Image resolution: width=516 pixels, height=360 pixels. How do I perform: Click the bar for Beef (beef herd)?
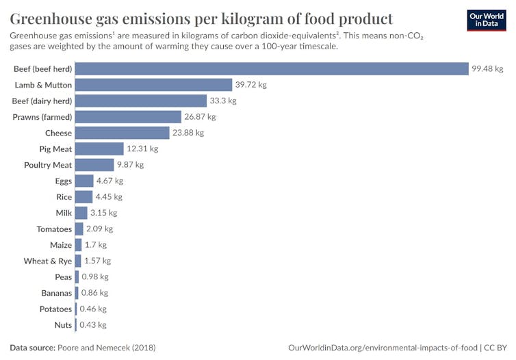(x=271, y=68)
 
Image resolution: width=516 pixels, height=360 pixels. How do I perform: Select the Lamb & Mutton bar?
(x=154, y=85)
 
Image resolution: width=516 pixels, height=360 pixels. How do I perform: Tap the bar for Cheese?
(x=122, y=133)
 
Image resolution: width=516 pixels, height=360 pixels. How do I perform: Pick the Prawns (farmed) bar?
(x=128, y=117)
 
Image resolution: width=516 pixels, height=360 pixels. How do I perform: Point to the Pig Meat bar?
(x=99, y=149)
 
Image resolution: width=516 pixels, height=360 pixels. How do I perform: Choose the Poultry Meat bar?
(x=94, y=165)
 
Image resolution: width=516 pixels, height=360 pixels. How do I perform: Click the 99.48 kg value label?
(x=487, y=68)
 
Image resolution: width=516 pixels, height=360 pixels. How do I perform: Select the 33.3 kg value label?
(x=222, y=101)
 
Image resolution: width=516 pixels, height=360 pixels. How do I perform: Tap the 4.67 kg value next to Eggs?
(x=109, y=181)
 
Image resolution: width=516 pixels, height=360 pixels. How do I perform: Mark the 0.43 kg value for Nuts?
(x=93, y=325)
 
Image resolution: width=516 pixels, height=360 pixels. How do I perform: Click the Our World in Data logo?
(x=486, y=20)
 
